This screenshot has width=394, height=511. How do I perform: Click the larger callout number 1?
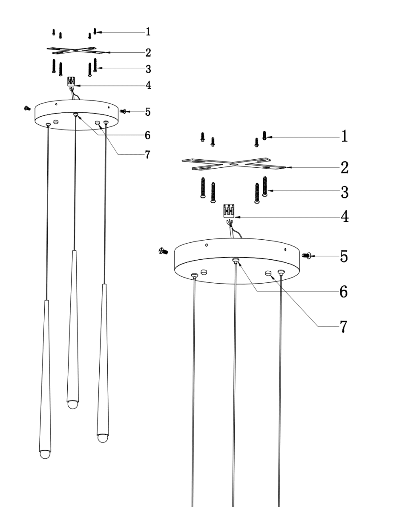click(x=344, y=136)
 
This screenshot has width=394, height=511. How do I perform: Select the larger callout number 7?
click(x=344, y=327)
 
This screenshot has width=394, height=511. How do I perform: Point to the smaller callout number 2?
click(x=148, y=52)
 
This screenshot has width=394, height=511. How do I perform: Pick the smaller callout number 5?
click(x=147, y=112)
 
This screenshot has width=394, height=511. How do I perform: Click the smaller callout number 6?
click(x=147, y=135)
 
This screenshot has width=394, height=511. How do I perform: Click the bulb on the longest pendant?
click(x=45, y=454)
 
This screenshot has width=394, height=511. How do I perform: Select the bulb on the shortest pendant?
click(x=73, y=404)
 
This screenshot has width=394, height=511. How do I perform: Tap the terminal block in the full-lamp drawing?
click(x=72, y=81)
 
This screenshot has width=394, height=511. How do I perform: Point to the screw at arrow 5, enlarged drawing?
click(x=305, y=255)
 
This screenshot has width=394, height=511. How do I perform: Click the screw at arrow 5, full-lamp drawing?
click(x=123, y=111)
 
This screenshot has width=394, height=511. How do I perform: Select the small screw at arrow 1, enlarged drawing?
click(x=265, y=135)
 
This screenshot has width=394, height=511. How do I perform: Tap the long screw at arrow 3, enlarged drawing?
click(x=265, y=186)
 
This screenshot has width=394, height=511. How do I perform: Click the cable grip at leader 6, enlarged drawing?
click(x=236, y=260)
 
